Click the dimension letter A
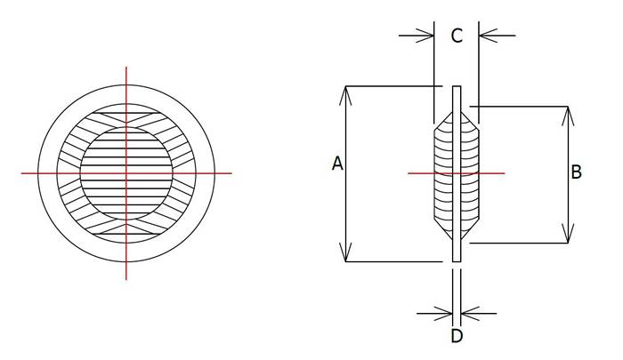336,164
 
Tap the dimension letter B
577,172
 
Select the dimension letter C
456,36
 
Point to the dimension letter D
457,336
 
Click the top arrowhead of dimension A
345,91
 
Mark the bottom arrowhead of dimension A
345,258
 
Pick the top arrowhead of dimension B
567,112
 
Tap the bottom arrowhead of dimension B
567,237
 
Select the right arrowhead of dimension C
485,36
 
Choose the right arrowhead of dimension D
466,313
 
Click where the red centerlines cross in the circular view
126,172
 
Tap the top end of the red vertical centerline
126,67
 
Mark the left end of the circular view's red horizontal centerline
22,172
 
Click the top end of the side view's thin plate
457,87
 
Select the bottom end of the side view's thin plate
457,260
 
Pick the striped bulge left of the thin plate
441,173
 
